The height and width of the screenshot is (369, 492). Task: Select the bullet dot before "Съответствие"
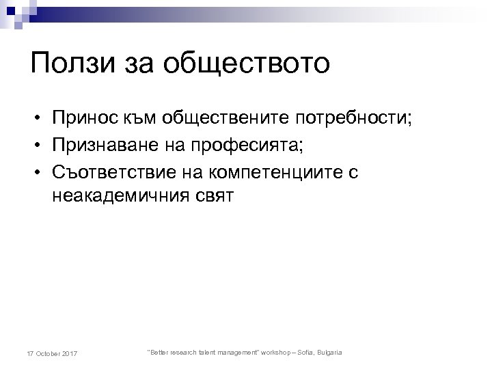point(33,173)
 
